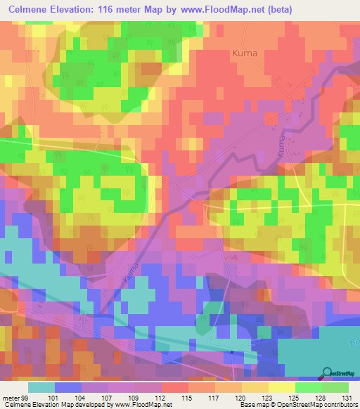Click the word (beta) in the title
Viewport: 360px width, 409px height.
[x=277, y=8]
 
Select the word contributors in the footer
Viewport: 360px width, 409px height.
[x=340, y=404]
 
